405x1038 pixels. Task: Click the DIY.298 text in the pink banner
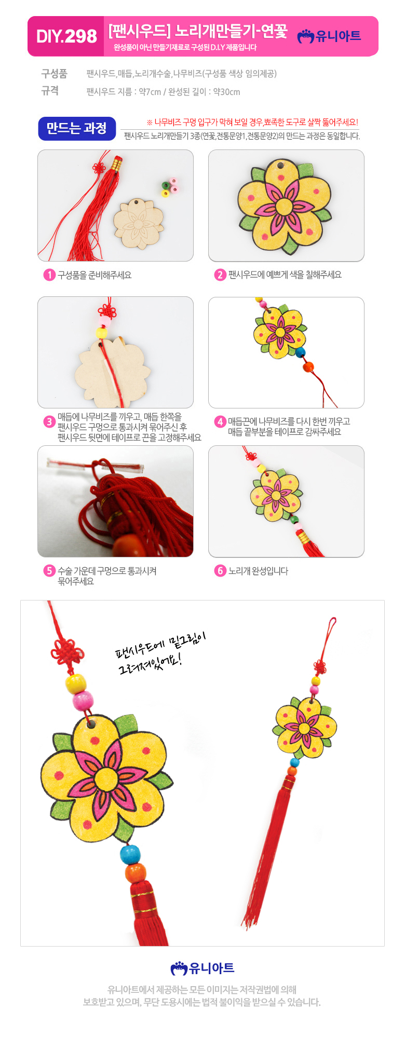(x=66, y=36)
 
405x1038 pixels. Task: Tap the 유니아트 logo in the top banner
(x=329, y=36)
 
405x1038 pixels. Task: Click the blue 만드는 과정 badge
(x=77, y=128)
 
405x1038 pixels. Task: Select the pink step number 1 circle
(x=49, y=275)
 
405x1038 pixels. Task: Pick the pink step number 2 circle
(x=220, y=275)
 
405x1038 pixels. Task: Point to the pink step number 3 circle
(x=49, y=421)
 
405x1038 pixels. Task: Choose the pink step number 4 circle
(x=220, y=421)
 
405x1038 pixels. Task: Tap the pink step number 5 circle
(x=49, y=571)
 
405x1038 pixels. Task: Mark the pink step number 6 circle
(x=220, y=571)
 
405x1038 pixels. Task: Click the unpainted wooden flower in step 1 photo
(x=139, y=222)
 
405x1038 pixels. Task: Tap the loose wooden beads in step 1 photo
(x=170, y=187)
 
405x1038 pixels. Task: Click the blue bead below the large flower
(x=130, y=854)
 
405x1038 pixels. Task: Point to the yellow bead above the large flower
(x=76, y=683)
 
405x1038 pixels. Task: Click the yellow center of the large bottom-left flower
(x=106, y=778)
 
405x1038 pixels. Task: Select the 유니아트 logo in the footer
(x=203, y=968)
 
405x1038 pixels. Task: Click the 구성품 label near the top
(x=55, y=74)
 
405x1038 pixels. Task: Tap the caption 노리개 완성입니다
(x=258, y=571)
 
